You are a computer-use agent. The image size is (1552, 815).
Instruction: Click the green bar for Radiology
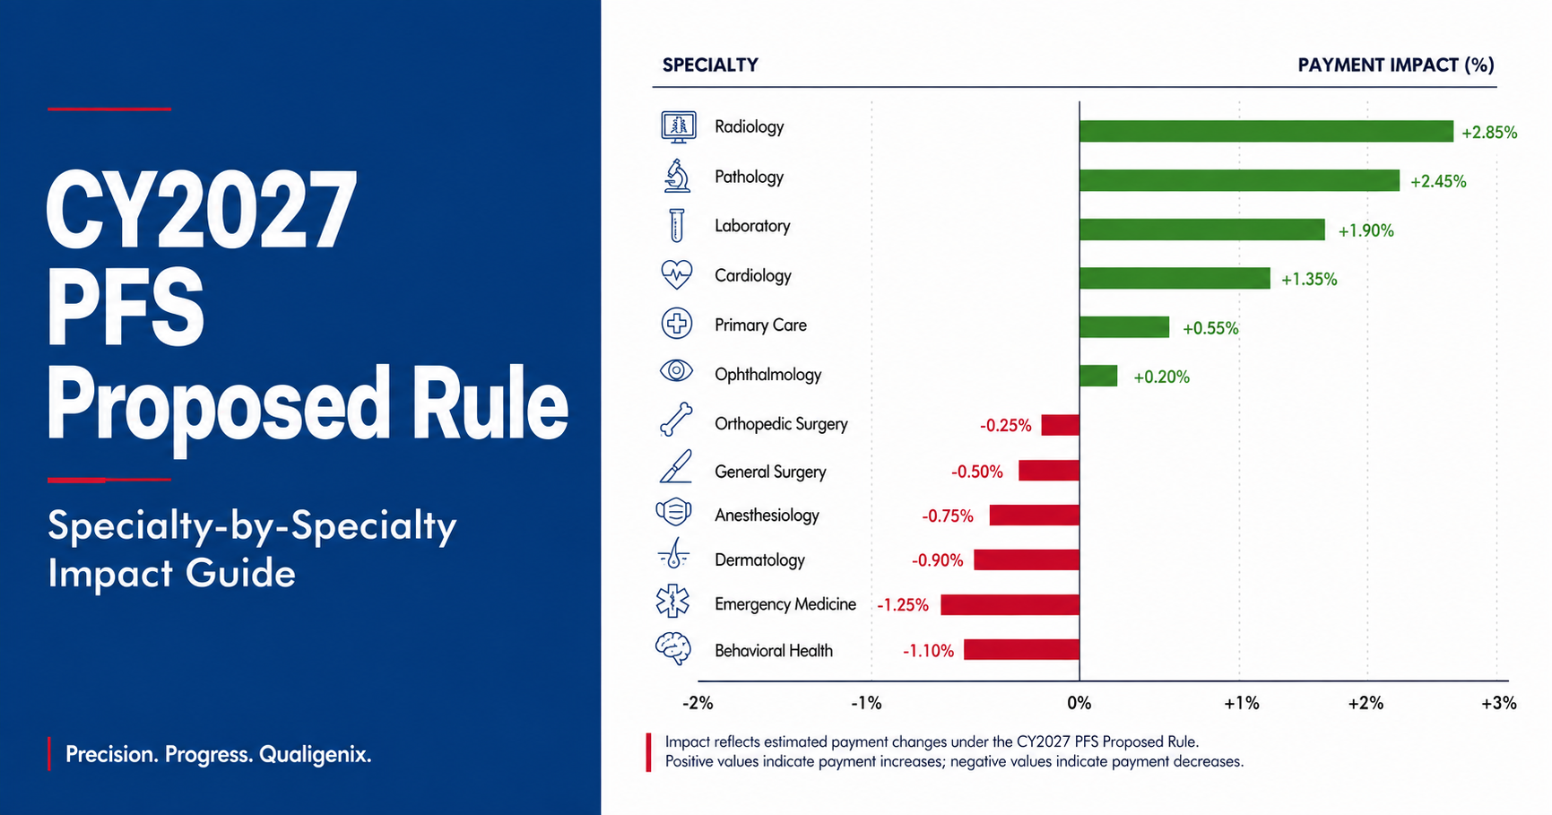1266,132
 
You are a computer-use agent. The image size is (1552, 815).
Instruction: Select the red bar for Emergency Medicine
1010,604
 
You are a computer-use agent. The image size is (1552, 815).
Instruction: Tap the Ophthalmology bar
1098,376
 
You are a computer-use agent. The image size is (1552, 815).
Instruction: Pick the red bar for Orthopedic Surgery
1061,425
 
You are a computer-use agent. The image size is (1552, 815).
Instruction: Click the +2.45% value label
1438,181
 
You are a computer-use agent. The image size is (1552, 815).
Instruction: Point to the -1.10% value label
928,651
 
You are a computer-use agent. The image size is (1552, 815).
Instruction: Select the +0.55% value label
1210,328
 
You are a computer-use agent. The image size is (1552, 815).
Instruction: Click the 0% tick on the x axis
1079,703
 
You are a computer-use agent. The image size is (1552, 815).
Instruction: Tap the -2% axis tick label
698,703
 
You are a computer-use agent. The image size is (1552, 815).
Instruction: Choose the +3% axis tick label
1499,703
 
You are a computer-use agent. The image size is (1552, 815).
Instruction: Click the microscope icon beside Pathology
677,176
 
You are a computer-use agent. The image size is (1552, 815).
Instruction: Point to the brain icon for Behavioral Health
673,648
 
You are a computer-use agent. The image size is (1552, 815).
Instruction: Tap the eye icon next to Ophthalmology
676,370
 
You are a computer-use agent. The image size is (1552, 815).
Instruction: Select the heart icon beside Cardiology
676,274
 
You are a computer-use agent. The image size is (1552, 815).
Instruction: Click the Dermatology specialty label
759,560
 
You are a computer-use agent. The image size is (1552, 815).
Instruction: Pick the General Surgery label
770,472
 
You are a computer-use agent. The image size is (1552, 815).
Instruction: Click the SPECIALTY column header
710,65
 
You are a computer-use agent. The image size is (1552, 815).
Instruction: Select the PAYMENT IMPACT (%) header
1396,65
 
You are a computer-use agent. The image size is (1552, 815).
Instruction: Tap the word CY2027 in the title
201,212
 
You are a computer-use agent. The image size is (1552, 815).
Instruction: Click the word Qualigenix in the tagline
315,755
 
